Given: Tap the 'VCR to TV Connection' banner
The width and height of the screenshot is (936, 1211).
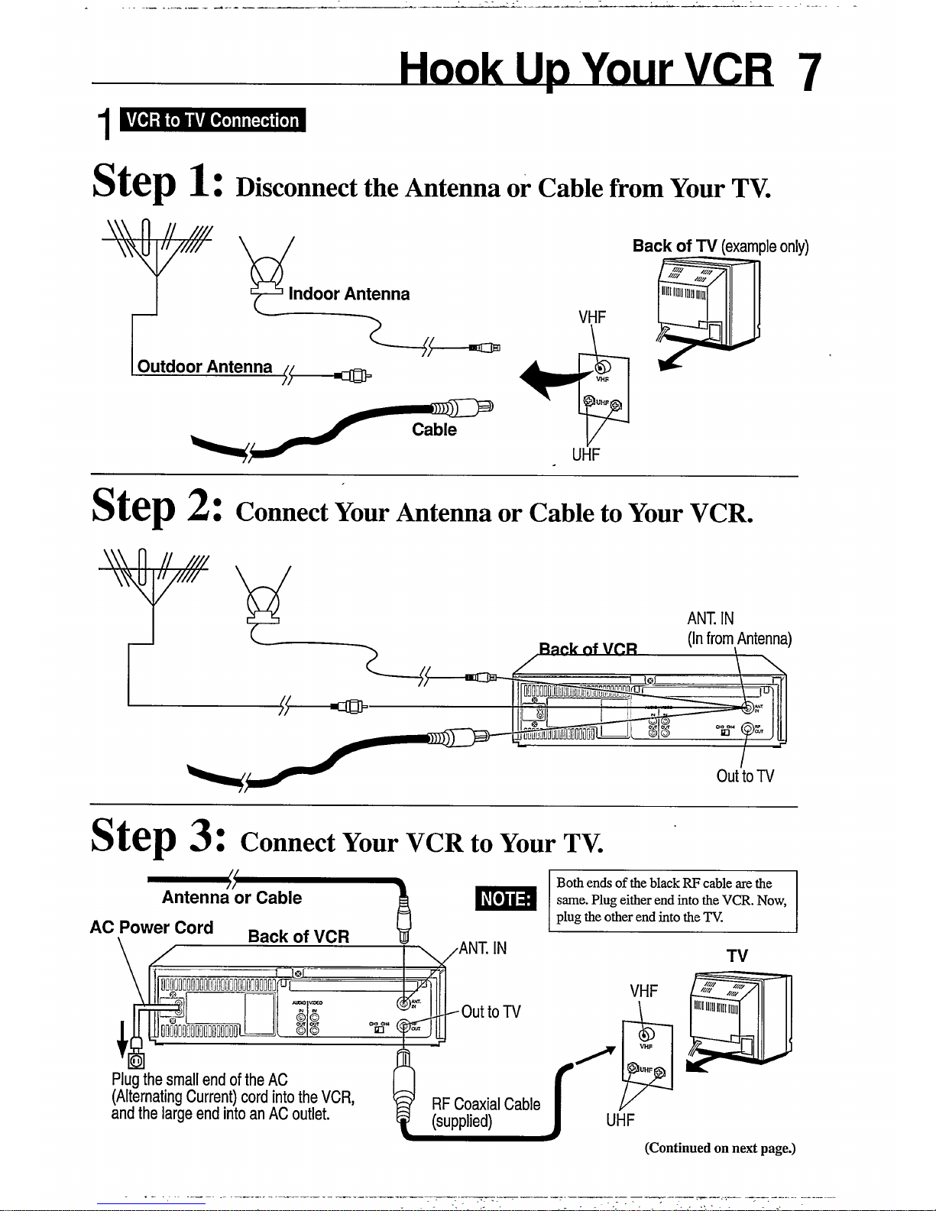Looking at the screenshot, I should point(212,121).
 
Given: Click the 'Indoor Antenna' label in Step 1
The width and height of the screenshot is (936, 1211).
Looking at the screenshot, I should point(348,294).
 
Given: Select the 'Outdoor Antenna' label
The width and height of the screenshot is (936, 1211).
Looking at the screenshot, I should point(204,367).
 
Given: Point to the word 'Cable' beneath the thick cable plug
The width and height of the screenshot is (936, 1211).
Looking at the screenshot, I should point(434,429).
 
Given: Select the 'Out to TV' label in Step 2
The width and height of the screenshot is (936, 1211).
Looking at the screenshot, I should point(745,776).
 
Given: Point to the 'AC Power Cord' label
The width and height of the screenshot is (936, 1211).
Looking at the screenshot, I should point(151,928).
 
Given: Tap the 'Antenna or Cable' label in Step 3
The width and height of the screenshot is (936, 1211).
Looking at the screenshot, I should point(232,898).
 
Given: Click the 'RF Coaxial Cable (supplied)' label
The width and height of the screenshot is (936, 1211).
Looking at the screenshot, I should point(485,1112).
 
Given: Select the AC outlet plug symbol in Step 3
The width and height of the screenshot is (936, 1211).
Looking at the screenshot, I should point(136,1060).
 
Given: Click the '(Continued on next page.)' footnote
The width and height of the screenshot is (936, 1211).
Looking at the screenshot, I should point(720,1148).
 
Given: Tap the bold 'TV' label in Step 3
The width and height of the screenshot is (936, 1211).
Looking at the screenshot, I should point(737,956).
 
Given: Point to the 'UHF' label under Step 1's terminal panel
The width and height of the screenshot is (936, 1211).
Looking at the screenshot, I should point(586,455).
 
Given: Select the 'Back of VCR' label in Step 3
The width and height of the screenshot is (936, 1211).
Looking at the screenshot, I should point(299,937).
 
